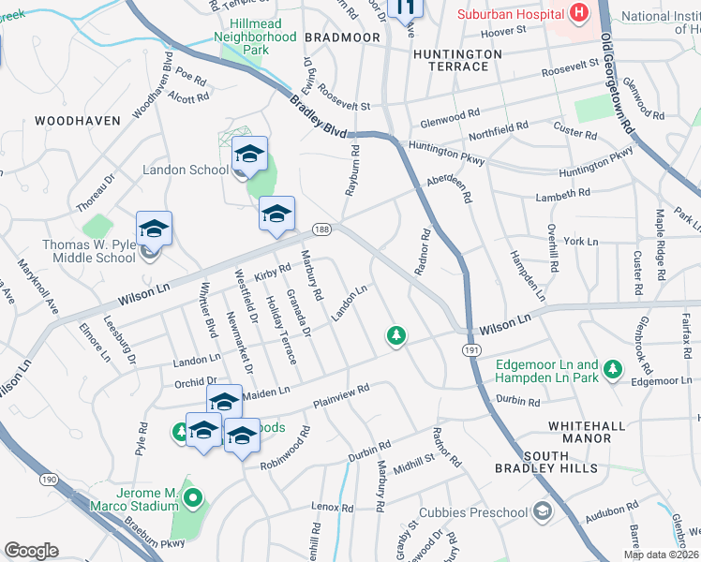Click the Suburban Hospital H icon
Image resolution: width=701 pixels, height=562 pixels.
coord(578,13)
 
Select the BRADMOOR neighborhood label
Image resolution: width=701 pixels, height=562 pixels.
coord(342,37)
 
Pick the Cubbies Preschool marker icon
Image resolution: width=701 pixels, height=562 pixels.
coord(543,511)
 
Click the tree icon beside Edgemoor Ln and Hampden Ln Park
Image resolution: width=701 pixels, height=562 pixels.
coord(613,369)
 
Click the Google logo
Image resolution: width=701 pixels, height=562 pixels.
coord(31,551)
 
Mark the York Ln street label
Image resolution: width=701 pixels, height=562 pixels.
coord(580,242)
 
